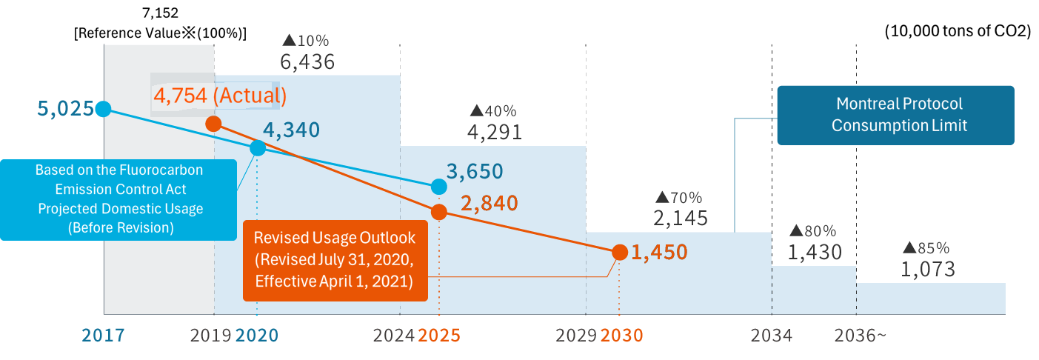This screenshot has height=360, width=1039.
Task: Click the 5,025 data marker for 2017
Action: [x=104, y=109]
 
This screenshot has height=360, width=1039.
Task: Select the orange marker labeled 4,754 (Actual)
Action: [x=213, y=124]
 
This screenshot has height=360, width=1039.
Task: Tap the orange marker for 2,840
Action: [x=438, y=212]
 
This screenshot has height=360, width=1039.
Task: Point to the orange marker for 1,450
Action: [x=619, y=253]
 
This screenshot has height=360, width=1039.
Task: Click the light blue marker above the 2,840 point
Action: [x=438, y=186]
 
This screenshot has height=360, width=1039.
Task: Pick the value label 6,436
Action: [x=307, y=62]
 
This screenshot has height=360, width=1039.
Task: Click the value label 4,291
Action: [x=494, y=132]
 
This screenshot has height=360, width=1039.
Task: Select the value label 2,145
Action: [x=680, y=218]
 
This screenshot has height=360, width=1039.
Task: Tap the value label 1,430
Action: [x=814, y=253]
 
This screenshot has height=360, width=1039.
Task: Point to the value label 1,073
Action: [x=927, y=270]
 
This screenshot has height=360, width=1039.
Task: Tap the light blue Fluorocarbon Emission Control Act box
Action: [x=119, y=199]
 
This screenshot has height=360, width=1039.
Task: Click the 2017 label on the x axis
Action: [x=103, y=336]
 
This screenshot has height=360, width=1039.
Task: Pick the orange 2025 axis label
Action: [x=439, y=336]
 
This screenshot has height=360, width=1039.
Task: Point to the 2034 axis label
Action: [x=771, y=336]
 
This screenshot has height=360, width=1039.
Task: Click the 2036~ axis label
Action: [x=860, y=336]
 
